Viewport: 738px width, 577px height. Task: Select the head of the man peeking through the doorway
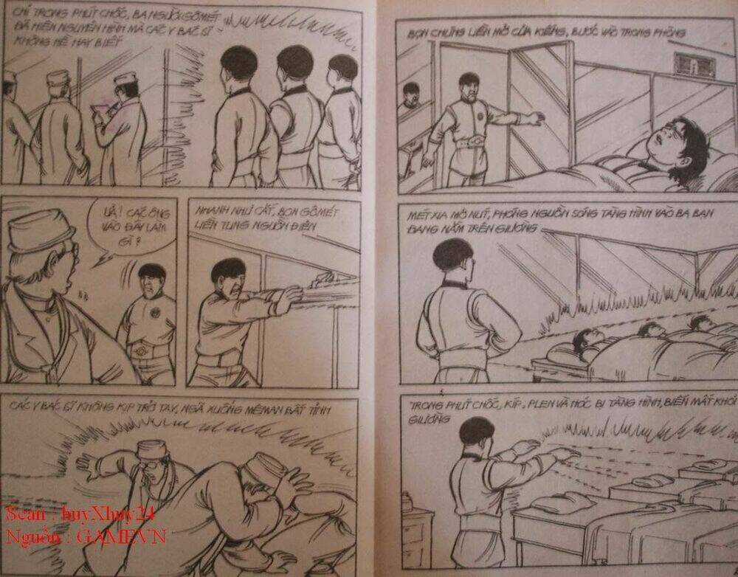pos(410,96)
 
